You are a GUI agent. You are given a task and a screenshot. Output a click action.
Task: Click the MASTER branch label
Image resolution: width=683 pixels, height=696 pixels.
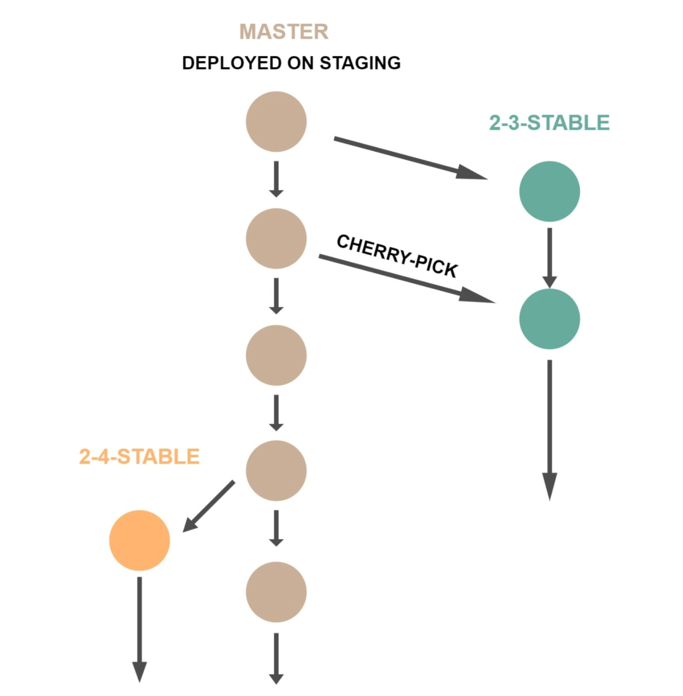[x=284, y=32]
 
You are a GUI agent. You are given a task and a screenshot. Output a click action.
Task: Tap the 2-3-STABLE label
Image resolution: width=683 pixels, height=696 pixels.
[x=549, y=123]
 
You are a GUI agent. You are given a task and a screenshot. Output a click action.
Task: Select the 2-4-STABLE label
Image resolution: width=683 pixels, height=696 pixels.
[x=139, y=456]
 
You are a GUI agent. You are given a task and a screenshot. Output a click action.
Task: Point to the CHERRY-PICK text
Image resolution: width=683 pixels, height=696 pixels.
[x=397, y=255]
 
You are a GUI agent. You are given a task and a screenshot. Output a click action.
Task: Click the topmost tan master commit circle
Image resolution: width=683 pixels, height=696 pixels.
[x=276, y=121]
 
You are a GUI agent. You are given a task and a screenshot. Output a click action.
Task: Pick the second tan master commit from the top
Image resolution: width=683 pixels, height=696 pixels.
[x=276, y=238]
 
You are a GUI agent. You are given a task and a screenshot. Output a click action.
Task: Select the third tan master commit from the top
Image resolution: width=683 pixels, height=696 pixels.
[x=276, y=355]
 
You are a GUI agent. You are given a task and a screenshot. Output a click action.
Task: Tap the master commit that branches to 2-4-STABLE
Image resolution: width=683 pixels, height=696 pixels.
[x=276, y=471]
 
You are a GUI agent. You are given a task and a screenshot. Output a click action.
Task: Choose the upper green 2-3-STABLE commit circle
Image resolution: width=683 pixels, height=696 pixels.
[x=550, y=192]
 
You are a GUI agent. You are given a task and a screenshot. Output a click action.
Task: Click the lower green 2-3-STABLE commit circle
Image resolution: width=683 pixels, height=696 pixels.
[x=550, y=319]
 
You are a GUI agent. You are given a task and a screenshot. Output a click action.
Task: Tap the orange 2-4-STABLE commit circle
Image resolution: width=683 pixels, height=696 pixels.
[x=140, y=540]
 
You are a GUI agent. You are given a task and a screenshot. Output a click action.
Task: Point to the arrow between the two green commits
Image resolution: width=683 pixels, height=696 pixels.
[x=550, y=256]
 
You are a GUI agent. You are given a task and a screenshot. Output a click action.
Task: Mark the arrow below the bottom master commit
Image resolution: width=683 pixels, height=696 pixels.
[x=276, y=657]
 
